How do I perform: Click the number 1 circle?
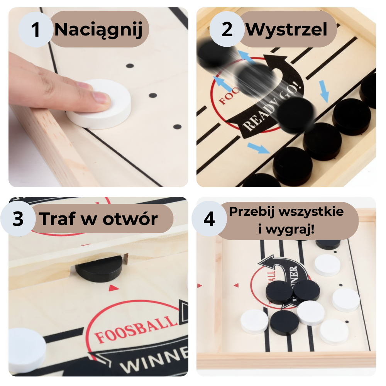pyautogui.click(x=36, y=30)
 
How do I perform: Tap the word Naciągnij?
pyautogui.click(x=98, y=30)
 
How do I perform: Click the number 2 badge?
pyautogui.click(x=227, y=30)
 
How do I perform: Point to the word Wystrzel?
pyautogui.click(x=286, y=30)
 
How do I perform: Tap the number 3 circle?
pyautogui.click(x=18, y=219)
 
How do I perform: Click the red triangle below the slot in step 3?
pyautogui.click(x=113, y=288)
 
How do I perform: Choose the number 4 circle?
pyautogui.click(x=209, y=219)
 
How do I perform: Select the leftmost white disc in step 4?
pyautogui.click(x=254, y=322)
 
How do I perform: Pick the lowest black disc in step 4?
pyautogui.click(x=284, y=323)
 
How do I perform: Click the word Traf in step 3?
pyautogui.click(x=57, y=219)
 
